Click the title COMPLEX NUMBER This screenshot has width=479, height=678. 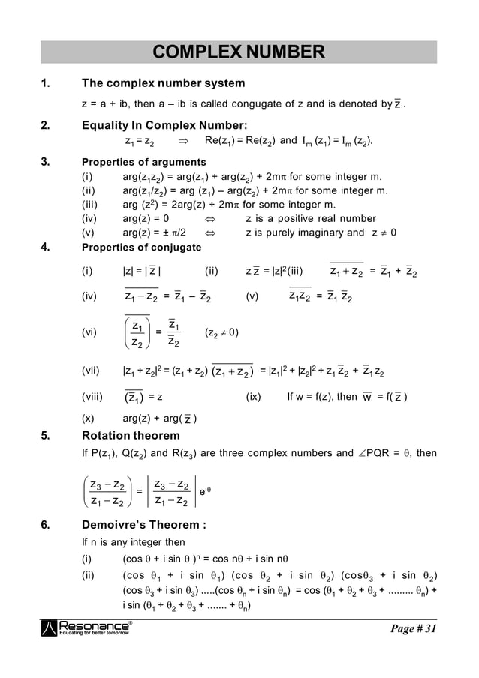(x=239, y=52)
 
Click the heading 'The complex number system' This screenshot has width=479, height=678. (x=163, y=82)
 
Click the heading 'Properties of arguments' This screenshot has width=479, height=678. (x=143, y=162)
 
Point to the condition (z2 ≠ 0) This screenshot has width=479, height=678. (x=221, y=332)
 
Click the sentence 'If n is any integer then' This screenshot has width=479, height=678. (x=133, y=542)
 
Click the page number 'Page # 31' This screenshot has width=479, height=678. (x=412, y=628)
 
